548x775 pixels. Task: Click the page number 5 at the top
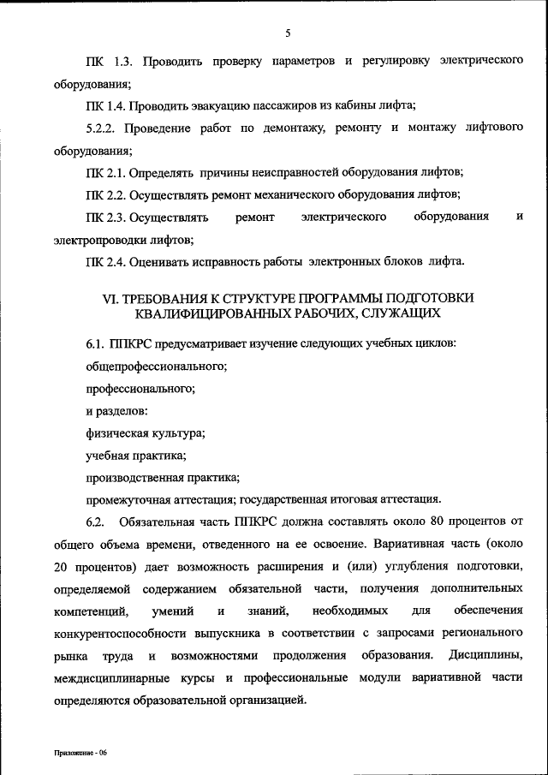click(289, 33)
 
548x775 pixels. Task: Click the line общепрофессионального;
click(156, 367)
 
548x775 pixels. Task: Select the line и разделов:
click(116, 411)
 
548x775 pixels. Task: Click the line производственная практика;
click(162, 478)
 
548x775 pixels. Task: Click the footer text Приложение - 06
click(78, 752)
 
